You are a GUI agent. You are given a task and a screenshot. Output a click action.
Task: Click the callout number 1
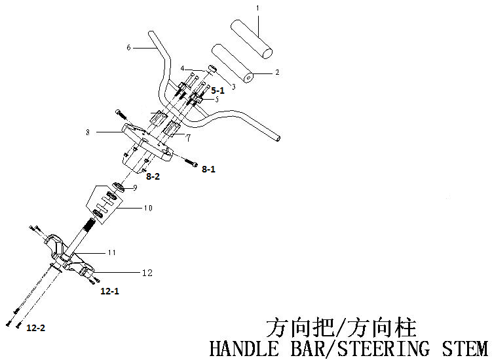point(257,8)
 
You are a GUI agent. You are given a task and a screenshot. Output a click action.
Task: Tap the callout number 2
point(276,72)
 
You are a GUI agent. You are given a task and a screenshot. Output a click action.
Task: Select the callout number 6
point(129,47)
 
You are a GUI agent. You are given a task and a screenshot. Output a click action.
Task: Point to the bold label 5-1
point(217,90)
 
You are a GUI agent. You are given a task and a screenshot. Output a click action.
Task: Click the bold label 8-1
point(208,169)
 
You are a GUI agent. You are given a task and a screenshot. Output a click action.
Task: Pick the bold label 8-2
point(152,176)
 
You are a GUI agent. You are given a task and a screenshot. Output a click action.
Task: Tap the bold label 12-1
point(109,289)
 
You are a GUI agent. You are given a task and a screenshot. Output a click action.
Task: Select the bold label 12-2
point(36,326)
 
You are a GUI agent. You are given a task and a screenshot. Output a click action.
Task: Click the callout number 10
point(148,209)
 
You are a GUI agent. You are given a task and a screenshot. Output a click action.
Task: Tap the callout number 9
point(134,188)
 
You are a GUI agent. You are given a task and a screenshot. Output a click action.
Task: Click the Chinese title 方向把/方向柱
point(341,327)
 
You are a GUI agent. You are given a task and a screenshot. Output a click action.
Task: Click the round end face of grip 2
point(248,78)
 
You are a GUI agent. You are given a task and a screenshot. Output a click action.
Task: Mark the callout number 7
point(188,138)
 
